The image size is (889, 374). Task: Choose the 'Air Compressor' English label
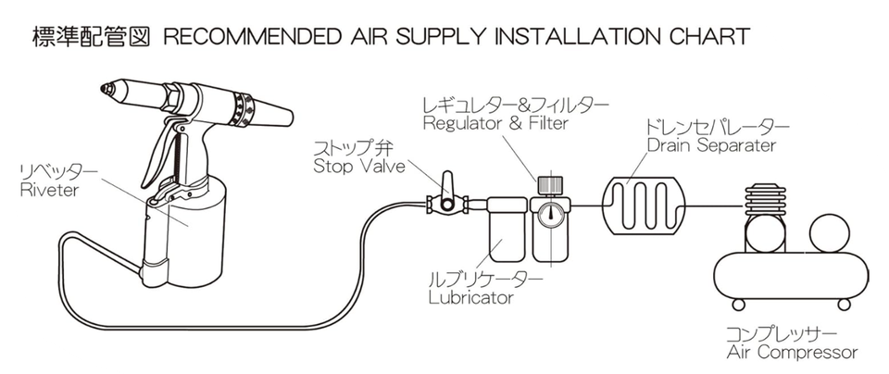(792, 352)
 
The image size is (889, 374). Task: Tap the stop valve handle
(446, 181)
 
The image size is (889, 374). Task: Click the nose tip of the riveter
(105, 90)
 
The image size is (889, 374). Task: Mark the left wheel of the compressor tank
(738, 305)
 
